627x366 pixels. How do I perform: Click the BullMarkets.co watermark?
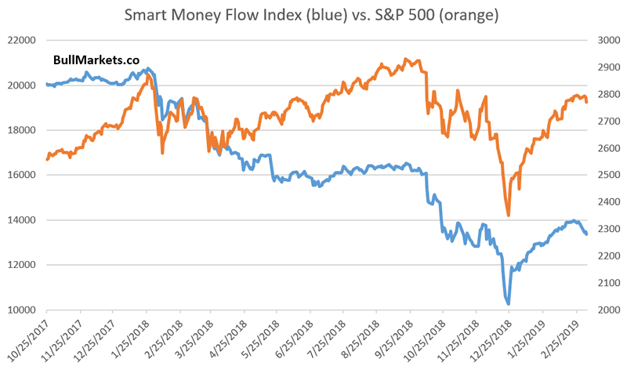pyautogui.click(x=90, y=60)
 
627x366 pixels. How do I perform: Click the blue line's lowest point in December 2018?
pyautogui.click(x=509, y=304)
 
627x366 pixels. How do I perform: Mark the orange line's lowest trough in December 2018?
pyautogui.click(x=509, y=216)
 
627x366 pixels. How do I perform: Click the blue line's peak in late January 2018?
pyautogui.click(x=149, y=68)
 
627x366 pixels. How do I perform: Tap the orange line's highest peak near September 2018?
pyautogui.click(x=405, y=59)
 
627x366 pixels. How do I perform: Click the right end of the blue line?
pyautogui.click(x=587, y=234)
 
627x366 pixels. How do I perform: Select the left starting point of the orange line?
pyautogui.click(x=47, y=159)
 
